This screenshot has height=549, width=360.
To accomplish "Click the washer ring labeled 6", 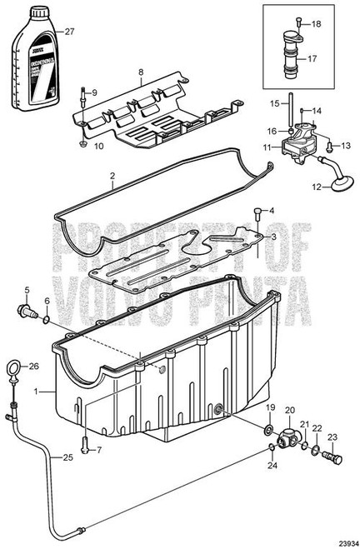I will (x=47, y=318).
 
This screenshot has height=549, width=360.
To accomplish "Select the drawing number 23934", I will (x=343, y=540).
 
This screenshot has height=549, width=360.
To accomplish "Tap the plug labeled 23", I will (x=335, y=459).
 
